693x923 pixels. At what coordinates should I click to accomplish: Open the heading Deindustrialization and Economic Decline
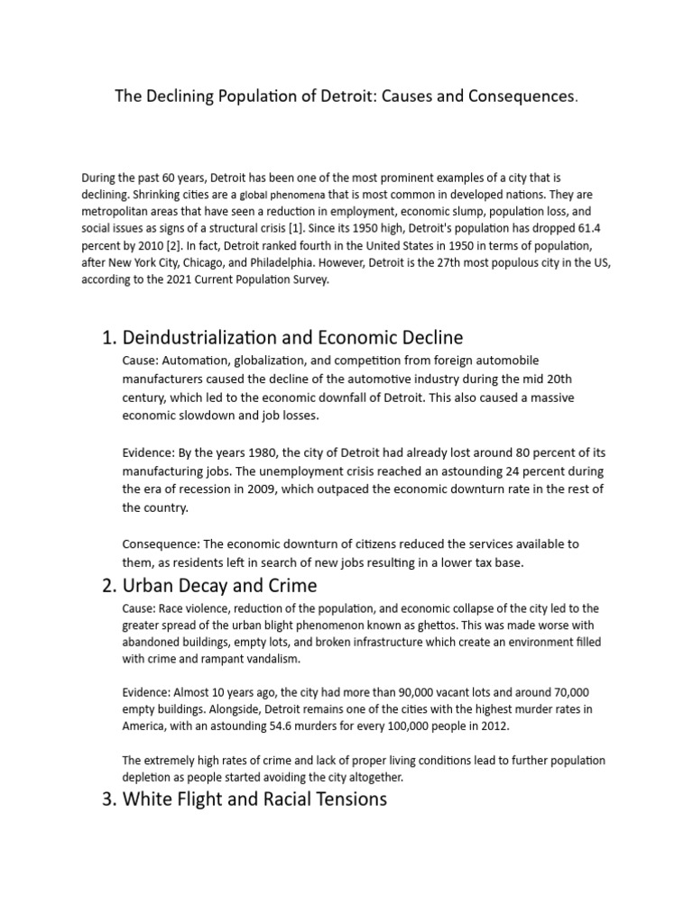click(x=292, y=338)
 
